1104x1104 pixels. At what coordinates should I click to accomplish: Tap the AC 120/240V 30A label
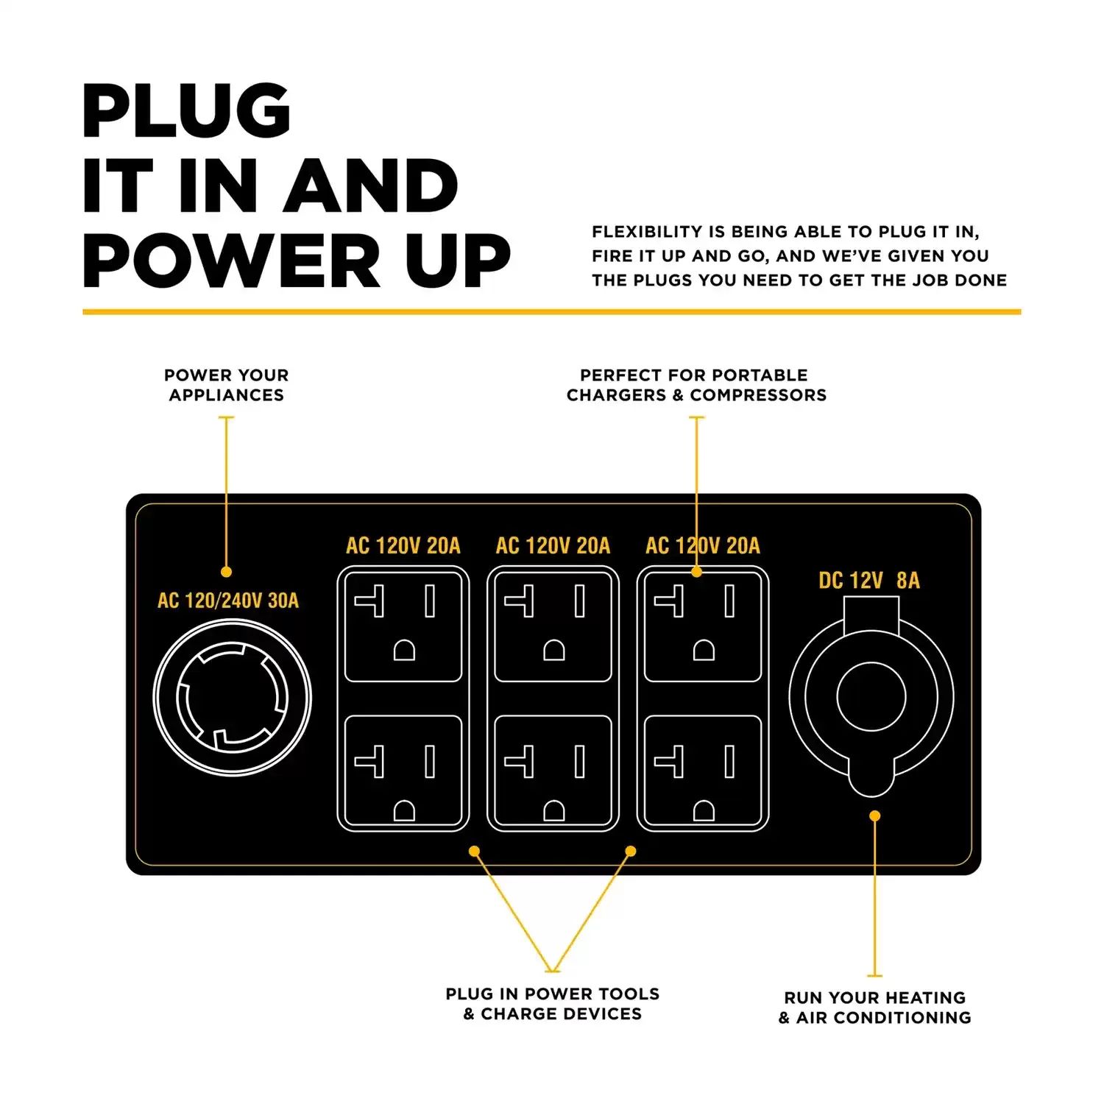pyautogui.click(x=228, y=601)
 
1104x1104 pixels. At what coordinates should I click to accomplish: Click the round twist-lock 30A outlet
pyautogui.click(x=233, y=698)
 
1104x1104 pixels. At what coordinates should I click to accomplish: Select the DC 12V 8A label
pyautogui.click(x=869, y=581)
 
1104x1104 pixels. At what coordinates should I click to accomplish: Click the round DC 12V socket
pyautogui.click(x=871, y=697)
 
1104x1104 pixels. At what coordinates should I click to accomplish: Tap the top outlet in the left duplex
pyautogui.click(x=403, y=626)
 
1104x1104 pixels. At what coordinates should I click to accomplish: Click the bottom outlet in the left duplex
pyautogui.click(x=403, y=771)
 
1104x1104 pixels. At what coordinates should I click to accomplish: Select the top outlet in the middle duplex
pyautogui.click(x=553, y=626)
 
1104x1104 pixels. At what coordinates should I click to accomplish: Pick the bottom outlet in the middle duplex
pyautogui.click(x=553, y=771)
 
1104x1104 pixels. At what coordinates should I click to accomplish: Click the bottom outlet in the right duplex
pyautogui.click(x=703, y=771)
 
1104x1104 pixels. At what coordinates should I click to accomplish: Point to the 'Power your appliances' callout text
pyautogui.click(x=227, y=385)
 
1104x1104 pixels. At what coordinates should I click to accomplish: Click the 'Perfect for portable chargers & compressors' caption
pyautogui.click(x=696, y=385)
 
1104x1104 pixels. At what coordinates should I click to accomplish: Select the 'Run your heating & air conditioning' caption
pyautogui.click(x=875, y=1008)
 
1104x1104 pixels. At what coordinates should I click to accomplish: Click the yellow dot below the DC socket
pyautogui.click(x=874, y=815)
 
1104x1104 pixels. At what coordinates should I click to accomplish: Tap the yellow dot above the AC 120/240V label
pyautogui.click(x=227, y=572)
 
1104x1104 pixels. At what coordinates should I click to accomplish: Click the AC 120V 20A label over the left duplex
pyautogui.click(x=403, y=545)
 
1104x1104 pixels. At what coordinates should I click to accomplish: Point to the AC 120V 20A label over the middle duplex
pyautogui.click(x=553, y=545)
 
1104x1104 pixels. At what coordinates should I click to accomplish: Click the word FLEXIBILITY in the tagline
pyautogui.click(x=647, y=232)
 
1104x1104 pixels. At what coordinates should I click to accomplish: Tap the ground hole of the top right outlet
pyautogui.click(x=704, y=651)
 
